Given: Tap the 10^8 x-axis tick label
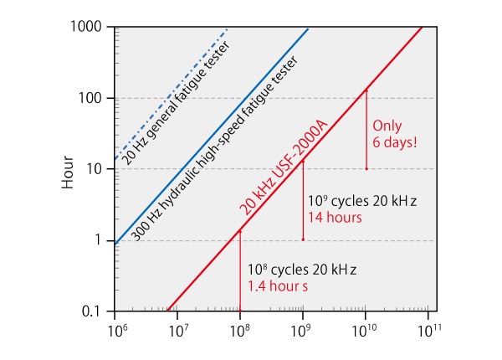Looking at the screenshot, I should (x=240, y=330).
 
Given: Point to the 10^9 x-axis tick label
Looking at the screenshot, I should (x=303, y=330).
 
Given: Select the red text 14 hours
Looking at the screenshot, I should (x=334, y=218).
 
